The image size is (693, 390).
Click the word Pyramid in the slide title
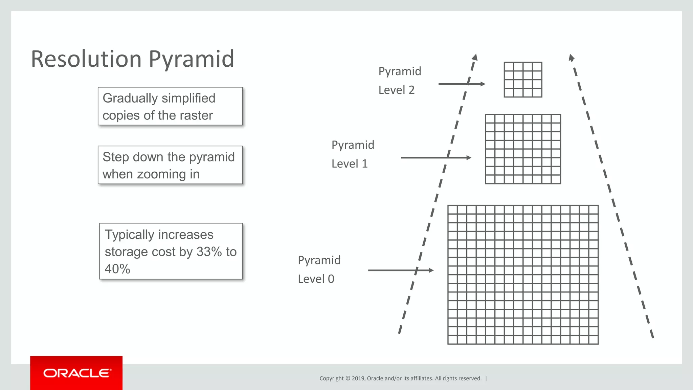191,59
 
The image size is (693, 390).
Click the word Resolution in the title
86,59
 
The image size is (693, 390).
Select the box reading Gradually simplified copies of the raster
170,106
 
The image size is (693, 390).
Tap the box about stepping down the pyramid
170,165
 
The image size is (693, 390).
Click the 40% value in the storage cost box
117,269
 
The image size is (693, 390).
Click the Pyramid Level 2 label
400,81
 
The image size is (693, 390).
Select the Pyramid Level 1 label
353,154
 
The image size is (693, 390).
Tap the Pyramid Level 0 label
319,269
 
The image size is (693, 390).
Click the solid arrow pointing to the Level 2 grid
462,84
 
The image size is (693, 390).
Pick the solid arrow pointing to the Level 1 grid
436,158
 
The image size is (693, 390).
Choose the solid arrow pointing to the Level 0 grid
401,270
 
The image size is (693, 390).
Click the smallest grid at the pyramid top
523,80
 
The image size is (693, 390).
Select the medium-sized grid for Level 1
523,149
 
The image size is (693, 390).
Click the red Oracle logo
76,373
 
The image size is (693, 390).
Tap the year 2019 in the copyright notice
358,378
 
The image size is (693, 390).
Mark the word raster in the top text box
196,116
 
